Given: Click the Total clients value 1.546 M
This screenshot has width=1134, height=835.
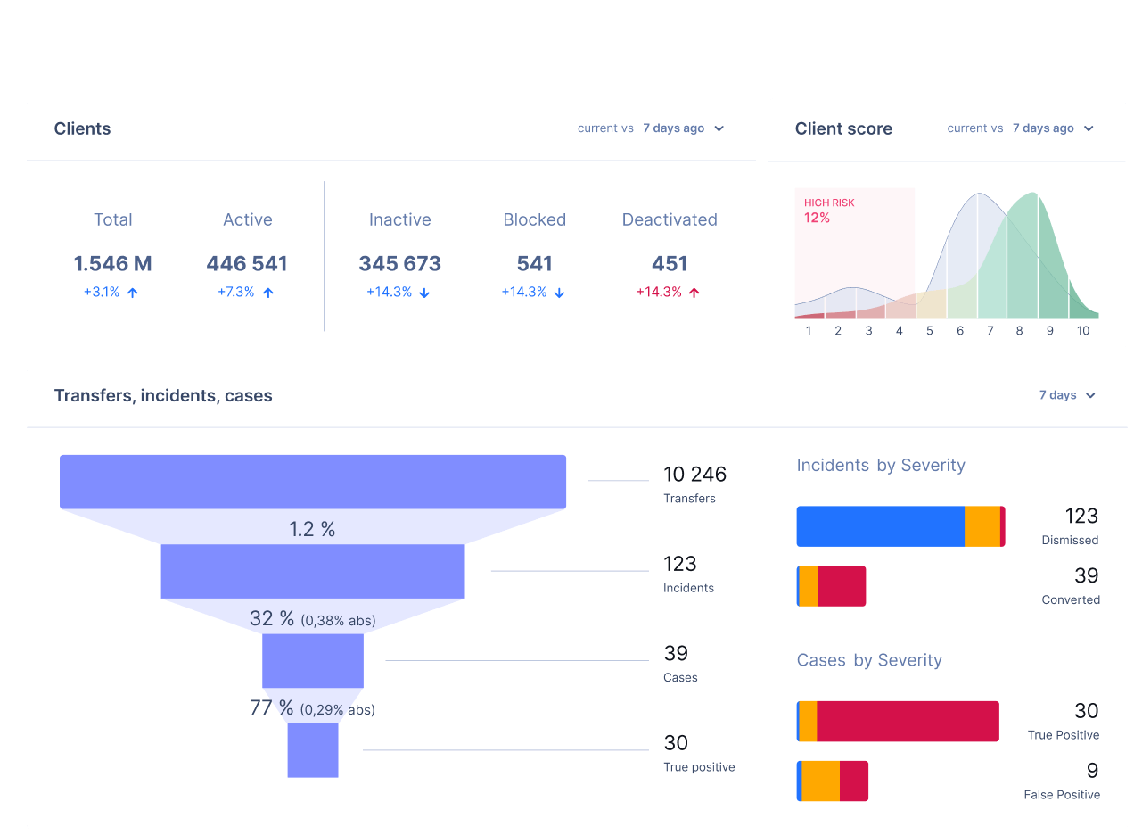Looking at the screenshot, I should pyautogui.click(x=112, y=264).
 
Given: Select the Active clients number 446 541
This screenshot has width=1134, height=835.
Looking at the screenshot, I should pyautogui.click(x=247, y=264).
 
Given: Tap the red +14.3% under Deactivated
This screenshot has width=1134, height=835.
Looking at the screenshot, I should pyautogui.click(x=659, y=292).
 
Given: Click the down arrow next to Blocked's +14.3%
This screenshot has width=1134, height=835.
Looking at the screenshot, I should pyautogui.click(x=559, y=293).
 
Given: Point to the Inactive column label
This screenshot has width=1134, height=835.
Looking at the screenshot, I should pyautogui.click(x=399, y=219).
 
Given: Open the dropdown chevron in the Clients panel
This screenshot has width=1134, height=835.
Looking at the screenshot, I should pyautogui.click(x=719, y=128).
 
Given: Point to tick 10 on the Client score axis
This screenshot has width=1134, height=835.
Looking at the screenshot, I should pyautogui.click(x=1082, y=331).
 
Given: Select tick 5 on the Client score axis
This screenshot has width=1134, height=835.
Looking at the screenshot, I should pyautogui.click(x=929, y=331).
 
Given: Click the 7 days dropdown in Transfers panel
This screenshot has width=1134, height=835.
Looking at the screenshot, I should pyautogui.click(x=1067, y=395).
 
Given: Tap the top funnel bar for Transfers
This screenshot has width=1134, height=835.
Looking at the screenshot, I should pyautogui.click(x=313, y=482).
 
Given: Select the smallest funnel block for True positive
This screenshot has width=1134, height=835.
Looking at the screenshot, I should pyautogui.click(x=313, y=750).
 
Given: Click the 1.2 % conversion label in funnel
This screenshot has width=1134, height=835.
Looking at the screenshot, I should pyautogui.click(x=312, y=529).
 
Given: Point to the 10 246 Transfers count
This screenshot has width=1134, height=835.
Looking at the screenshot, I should pyautogui.click(x=694, y=475).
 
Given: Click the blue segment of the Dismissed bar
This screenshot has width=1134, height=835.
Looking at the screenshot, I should pyautogui.click(x=880, y=526).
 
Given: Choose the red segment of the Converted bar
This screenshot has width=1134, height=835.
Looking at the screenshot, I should pyautogui.click(x=842, y=586).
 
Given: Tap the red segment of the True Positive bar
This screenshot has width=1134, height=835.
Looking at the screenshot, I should pyautogui.click(x=908, y=721).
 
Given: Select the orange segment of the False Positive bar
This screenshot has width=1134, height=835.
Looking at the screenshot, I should pyautogui.click(x=820, y=781).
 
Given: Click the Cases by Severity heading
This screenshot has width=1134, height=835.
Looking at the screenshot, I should pyautogui.click(x=869, y=660).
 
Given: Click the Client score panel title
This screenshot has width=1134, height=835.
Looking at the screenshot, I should pyautogui.click(x=843, y=128).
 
